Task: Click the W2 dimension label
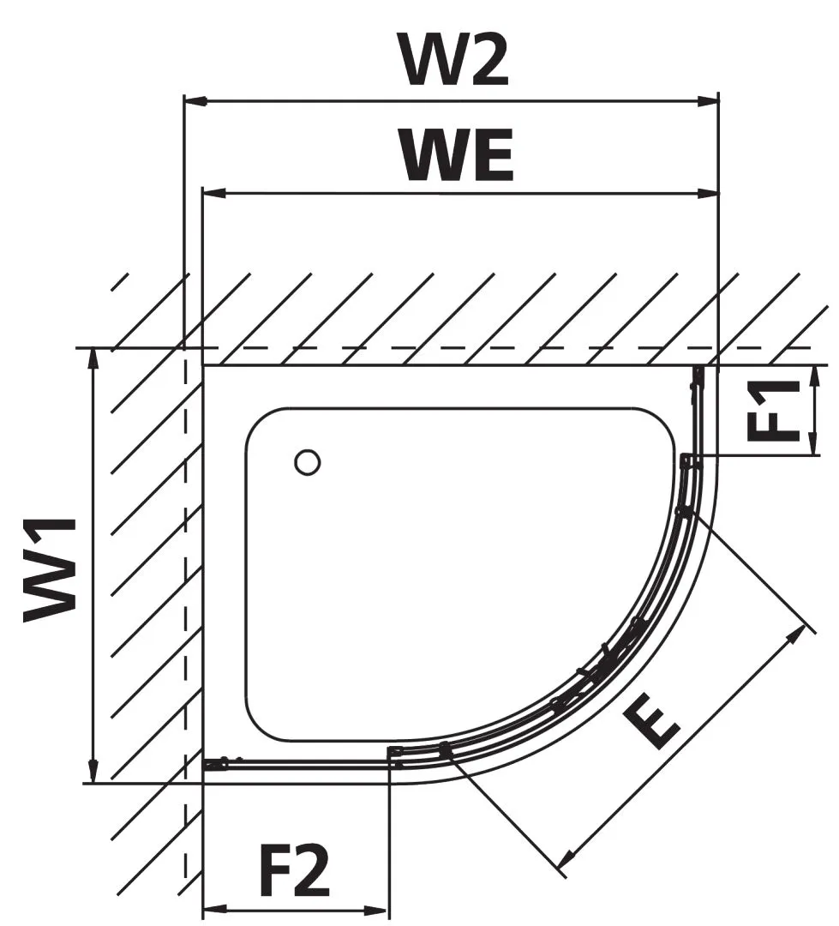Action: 454,59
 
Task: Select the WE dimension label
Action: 458,156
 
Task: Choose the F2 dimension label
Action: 294,871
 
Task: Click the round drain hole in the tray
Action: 308,462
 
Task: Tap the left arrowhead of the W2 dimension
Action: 195,101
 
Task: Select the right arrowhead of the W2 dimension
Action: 708,101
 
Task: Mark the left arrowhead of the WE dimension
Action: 214,193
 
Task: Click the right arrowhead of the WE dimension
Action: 708,193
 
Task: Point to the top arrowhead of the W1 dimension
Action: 93,359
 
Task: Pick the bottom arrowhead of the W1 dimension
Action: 93,772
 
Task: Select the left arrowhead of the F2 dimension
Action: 213,909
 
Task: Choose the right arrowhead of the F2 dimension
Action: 379,909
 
